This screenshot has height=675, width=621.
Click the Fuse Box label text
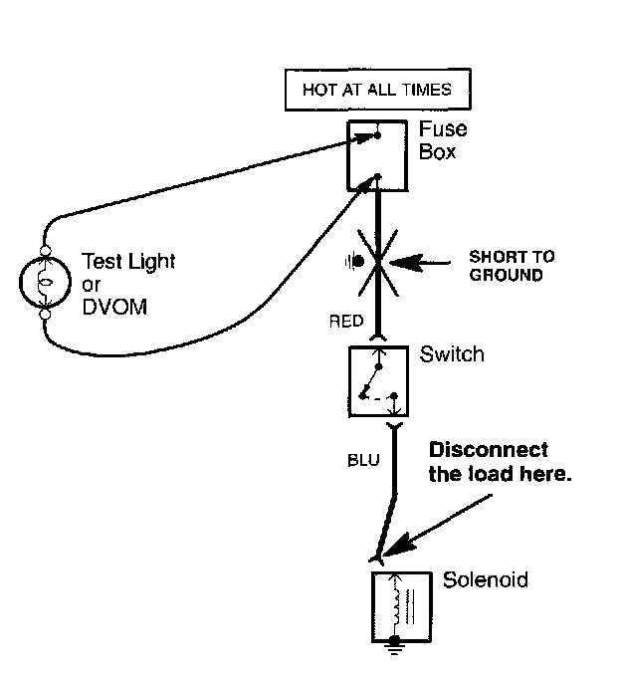pos(443,140)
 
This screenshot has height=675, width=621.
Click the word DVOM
pos(114,307)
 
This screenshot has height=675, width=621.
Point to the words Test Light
pos(128,261)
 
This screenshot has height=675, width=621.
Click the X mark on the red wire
pos(378,263)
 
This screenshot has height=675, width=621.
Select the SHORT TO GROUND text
pos(512,266)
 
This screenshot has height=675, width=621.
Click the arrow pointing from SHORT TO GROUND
pos(420,262)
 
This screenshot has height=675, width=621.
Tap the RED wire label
pos(346,322)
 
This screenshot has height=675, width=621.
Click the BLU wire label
pos(363,460)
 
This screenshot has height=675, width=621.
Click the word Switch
pos(452,354)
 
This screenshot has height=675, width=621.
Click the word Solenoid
pos(486,579)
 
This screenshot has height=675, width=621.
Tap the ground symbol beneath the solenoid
pos(395,646)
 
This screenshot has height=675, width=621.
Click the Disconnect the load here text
pos(500,462)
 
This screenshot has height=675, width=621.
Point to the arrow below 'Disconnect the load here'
pos(437,526)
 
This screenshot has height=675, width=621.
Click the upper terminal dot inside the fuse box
pos(377,135)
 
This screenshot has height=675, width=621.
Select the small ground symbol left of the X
pos(354,261)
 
